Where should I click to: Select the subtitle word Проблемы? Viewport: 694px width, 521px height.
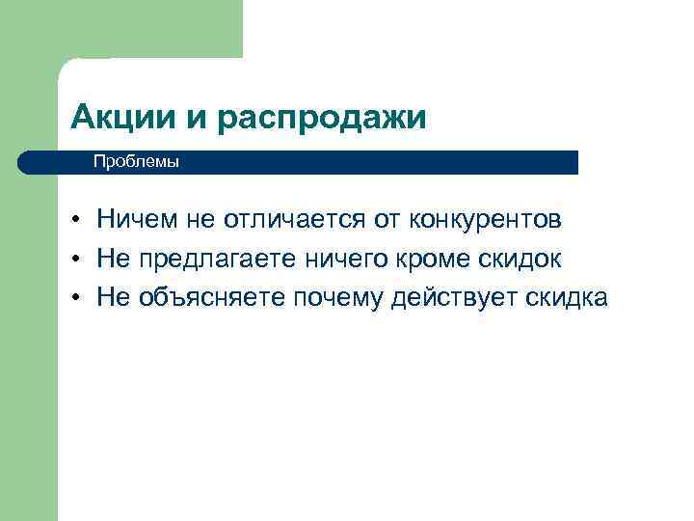pos(136,162)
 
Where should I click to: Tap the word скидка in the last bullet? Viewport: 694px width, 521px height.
pos(568,298)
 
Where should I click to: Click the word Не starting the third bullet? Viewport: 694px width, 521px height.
pos(113,298)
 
